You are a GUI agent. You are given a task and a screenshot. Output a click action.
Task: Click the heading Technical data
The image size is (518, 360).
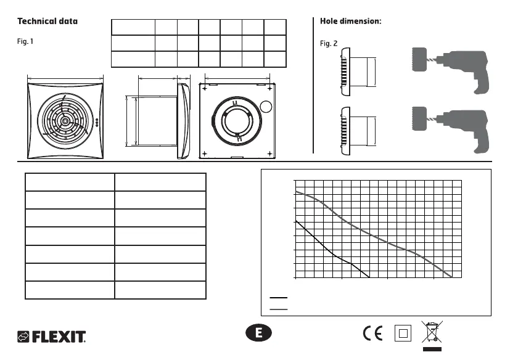(47, 21)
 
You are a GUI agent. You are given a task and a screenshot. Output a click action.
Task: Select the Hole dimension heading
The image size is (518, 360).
(351, 21)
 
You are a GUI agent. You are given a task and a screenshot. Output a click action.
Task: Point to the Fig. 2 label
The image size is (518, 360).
(329, 44)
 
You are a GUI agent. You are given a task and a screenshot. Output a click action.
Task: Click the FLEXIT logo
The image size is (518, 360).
(51, 337)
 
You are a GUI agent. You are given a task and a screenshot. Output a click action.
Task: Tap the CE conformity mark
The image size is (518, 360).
(372, 333)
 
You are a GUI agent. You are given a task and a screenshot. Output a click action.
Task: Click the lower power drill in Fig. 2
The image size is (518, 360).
(456, 127)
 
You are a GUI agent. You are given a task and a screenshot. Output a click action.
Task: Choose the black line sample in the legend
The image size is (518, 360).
(279, 298)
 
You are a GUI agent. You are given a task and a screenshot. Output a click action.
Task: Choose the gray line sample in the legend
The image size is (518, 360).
(279, 307)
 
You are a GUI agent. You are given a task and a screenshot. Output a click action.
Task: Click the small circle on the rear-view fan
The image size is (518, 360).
(265, 105)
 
